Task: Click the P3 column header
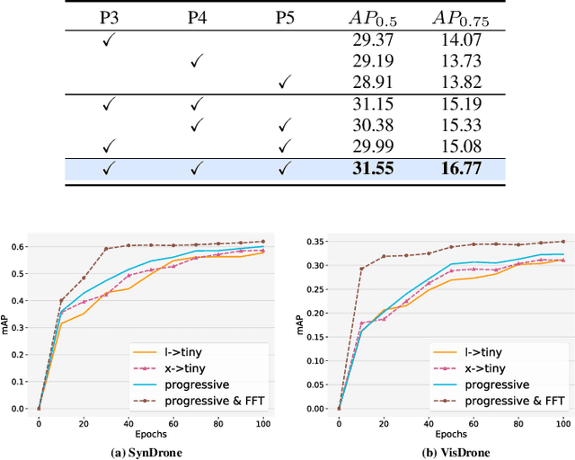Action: click(x=109, y=18)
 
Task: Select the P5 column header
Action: click(x=287, y=18)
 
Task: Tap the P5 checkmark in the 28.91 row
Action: click(x=287, y=83)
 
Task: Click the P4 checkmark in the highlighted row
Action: click(x=198, y=167)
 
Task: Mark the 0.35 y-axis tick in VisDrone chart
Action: click(x=314, y=242)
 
